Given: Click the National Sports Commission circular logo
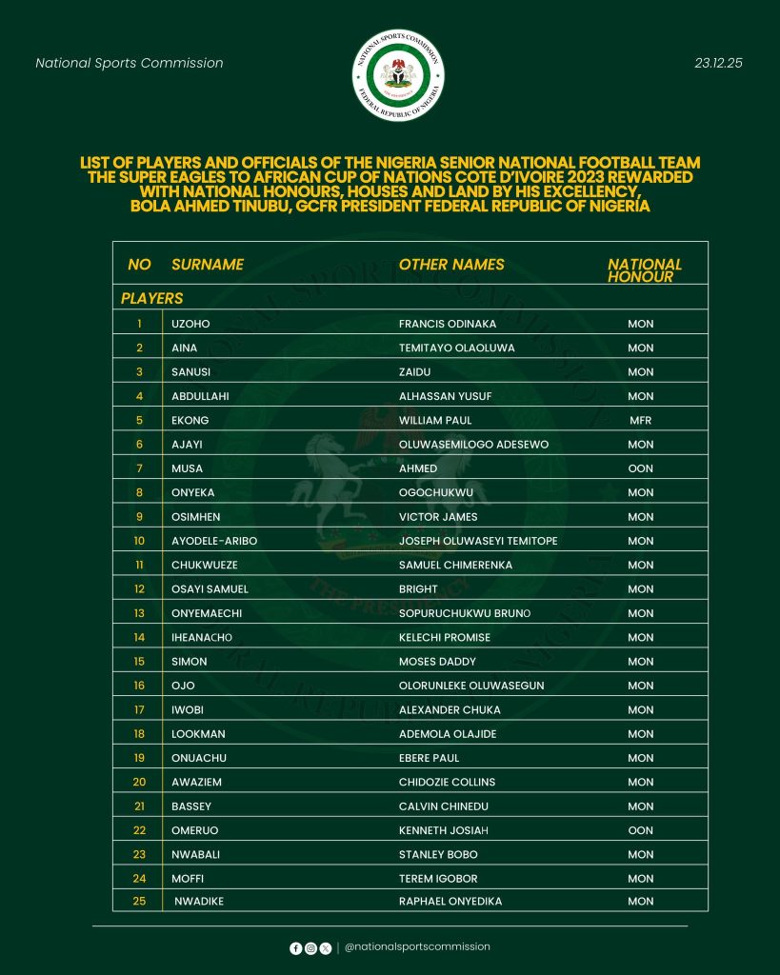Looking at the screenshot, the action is pos(398,75).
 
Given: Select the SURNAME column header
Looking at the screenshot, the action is pos(208,265).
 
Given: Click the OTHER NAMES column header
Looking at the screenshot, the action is pos(451,265).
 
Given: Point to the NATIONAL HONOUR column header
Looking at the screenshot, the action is pos(645,270).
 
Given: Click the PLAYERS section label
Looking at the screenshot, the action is pos(151,298).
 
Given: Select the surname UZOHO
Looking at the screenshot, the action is pos(190,324).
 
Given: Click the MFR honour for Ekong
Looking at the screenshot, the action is pos(640,420).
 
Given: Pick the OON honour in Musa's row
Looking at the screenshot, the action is pos(640,468).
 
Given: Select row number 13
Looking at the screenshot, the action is pos(139,613).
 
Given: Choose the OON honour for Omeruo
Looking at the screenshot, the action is pos(640,830).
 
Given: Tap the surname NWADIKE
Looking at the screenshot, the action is pos(199,901).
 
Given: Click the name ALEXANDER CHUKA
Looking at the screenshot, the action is pos(450,709).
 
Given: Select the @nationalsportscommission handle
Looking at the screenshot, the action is pos(417,947).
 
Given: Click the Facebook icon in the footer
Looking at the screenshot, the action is pos(295,948).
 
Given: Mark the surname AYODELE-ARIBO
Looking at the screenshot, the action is pos(214,541).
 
